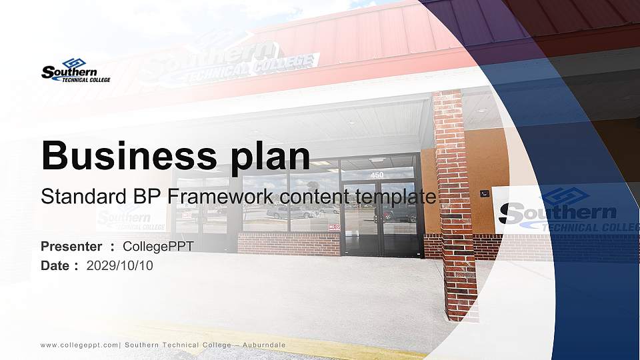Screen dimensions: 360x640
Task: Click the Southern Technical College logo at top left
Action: [x=75, y=71]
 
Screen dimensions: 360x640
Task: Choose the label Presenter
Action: [x=71, y=247]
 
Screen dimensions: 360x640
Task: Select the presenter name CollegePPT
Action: [x=158, y=247]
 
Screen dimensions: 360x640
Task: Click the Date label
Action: [x=55, y=265]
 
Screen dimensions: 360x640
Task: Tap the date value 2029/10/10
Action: [x=120, y=265]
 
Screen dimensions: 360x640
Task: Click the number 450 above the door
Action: [x=377, y=175]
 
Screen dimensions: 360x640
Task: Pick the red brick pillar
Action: [x=455, y=207]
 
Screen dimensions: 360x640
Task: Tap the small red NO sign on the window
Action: [x=333, y=227]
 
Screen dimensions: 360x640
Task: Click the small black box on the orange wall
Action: [x=485, y=194]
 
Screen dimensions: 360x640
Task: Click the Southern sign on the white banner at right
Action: [x=560, y=212]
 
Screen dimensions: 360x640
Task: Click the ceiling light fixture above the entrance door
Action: [x=377, y=160]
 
